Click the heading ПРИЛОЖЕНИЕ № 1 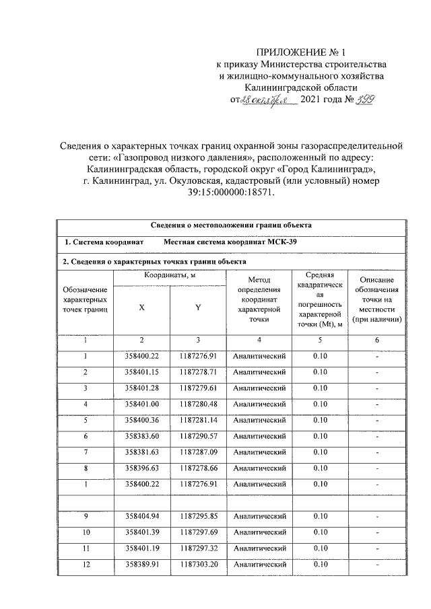300,52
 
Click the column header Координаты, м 170,276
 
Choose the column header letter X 141,307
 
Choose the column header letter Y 199,307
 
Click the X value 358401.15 141,372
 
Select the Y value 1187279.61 199,388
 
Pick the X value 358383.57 141,437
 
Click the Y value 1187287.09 199,453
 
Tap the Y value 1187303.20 199,565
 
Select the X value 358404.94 141,517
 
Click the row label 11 86,549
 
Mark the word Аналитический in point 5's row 259,421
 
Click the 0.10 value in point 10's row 320,533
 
